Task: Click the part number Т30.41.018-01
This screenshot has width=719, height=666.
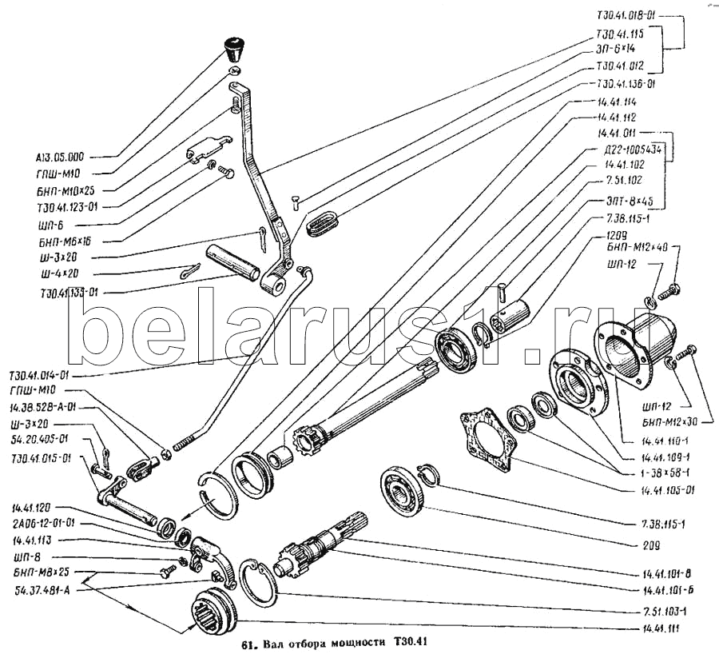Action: (626, 14)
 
